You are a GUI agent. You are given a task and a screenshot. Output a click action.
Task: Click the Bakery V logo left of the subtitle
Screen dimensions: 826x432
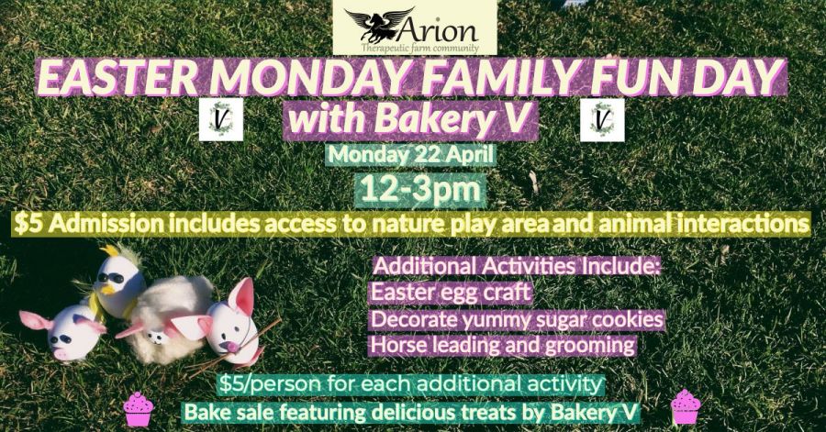coord(220,119)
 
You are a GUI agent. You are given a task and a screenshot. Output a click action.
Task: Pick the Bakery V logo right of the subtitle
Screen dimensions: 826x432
coord(602,120)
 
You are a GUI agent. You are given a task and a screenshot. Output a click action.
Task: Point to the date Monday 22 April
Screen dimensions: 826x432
coord(411,155)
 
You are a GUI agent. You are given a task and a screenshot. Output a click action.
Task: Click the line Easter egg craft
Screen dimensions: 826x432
coord(451,292)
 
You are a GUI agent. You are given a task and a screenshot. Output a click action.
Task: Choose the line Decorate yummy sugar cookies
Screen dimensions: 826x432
coord(517,319)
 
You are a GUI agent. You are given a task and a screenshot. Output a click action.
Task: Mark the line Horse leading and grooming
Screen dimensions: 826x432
coord(503,345)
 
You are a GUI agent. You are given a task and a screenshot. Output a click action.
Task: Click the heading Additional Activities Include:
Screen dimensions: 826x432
coord(517,266)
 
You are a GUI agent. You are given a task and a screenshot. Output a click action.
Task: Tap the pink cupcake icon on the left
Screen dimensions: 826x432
coord(138,409)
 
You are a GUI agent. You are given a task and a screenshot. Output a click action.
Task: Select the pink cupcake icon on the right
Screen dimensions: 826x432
coord(686,405)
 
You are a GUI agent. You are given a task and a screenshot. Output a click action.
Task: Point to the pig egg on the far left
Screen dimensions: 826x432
coord(67,334)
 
